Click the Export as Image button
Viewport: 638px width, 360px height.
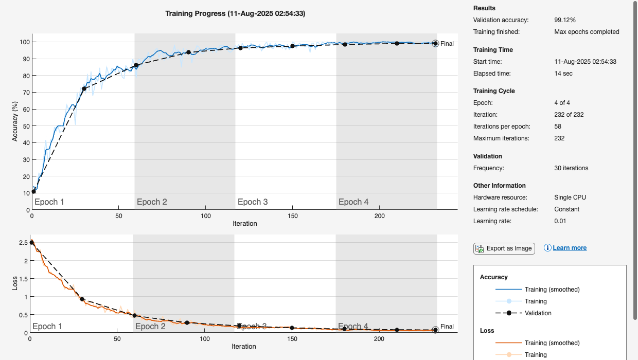[504, 248]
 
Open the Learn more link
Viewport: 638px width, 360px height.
[570, 248]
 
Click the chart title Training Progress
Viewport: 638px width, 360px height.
[235, 14]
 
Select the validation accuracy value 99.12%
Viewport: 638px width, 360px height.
[564, 20]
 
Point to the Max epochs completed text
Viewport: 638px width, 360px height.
[587, 32]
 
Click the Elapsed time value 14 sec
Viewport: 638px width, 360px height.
[563, 74]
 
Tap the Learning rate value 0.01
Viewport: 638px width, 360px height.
[560, 221]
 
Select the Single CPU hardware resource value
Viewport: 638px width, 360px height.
[570, 197]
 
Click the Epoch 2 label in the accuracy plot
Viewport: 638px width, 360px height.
[152, 202]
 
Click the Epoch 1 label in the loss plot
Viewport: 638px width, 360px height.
[47, 327]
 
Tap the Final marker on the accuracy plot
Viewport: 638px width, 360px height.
[435, 44]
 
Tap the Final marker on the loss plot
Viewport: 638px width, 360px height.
[435, 330]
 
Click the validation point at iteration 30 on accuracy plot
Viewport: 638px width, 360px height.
[84, 88]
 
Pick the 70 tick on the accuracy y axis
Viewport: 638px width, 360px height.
[26, 93]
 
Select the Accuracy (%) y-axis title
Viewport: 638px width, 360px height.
[15, 121]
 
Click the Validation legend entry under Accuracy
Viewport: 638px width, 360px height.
[538, 313]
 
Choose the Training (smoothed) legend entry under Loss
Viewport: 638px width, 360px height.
[552, 343]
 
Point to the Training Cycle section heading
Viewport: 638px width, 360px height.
[494, 91]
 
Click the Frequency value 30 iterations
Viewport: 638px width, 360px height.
[571, 168]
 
